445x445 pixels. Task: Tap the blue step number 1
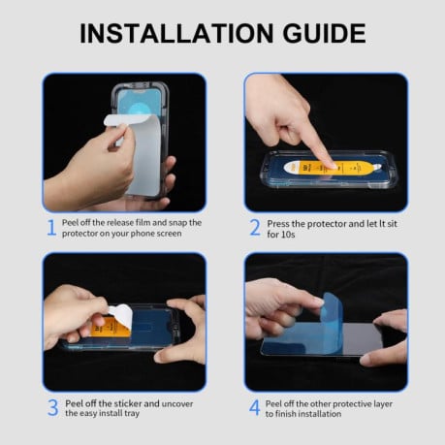coord(50,229)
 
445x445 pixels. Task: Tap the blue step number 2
coord(255,229)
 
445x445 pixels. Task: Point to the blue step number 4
coord(255,407)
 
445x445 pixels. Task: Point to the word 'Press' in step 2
coord(281,222)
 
